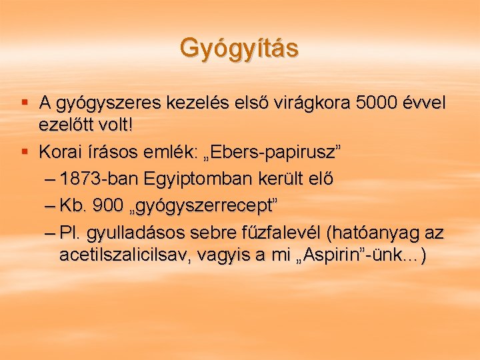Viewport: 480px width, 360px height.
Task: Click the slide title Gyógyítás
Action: click(x=239, y=48)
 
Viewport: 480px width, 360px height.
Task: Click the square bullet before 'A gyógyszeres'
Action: click(x=25, y=102)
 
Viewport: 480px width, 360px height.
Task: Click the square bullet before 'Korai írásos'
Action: click(x=25, y=153)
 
